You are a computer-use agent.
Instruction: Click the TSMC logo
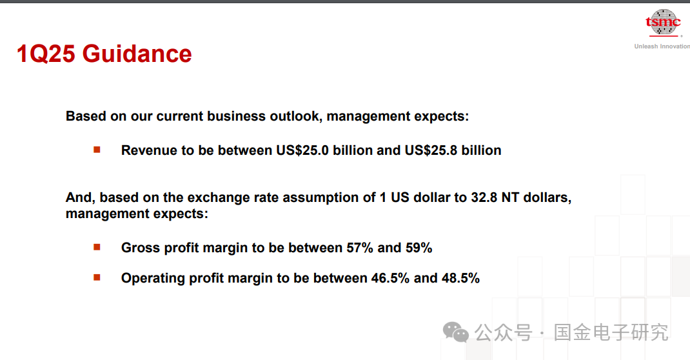coord(663,22)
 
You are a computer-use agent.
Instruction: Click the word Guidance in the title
coord(137,54)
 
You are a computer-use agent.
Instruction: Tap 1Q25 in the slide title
coord(46,54)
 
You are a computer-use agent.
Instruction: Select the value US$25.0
coord(302,150)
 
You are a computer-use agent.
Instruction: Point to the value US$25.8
coord(431,150)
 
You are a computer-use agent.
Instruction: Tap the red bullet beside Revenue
coord(97,150)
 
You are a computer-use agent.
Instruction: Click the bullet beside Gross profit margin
coord(97,247)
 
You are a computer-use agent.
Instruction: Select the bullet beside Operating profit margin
coord(97,277)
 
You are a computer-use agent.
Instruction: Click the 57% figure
coord(360,248)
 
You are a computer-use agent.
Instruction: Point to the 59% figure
coord(419,248)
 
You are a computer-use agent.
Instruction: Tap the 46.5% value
coord(390,278)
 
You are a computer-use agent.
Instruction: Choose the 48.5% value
coord(460,278)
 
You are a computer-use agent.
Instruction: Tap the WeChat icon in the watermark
coord(456,332)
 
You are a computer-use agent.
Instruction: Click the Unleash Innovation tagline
coord(662,46)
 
